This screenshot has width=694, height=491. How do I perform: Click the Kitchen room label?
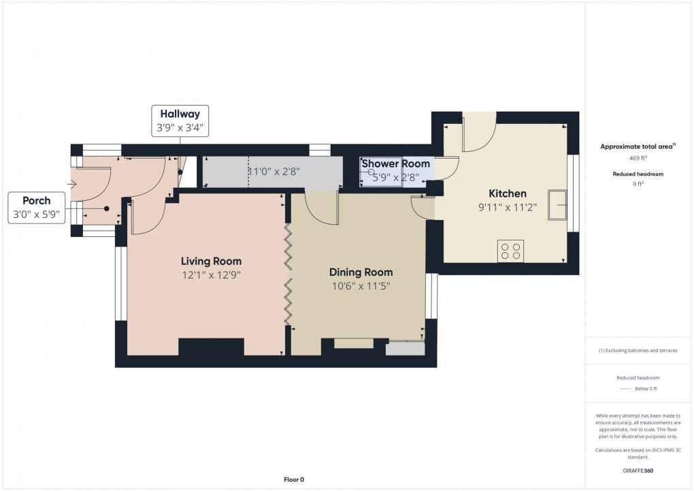pyautogui.click(x=507, y=193)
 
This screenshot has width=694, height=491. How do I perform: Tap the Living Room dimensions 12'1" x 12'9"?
pyautogui.click(x=211, y=274)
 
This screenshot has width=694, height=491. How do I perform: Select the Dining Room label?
pyautogui.click(x=361, y=272)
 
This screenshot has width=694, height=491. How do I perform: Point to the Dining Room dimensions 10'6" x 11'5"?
pyautogui.click(x=361, y=286)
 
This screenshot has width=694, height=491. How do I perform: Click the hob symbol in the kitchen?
pyautogui.click(x=510, y=251)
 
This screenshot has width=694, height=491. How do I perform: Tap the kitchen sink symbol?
pyautogui.click(x=558, y=205)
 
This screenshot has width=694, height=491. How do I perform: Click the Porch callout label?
pyautogui.click(x=36, y=208)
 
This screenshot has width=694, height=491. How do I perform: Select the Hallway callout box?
pyautogui.click(x=180, y=121)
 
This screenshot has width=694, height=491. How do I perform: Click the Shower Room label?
pyautogui.click(x=396, y=163)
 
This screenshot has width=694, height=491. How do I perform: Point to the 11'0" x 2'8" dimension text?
pyautogui.click(x=274, y=172)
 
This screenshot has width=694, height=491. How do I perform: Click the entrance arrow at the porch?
pyautogui.click(x=71, y=185)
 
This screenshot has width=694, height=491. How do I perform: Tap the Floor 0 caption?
pyautogui.click(x=294, y=479)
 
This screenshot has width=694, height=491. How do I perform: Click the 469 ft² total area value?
pyautogui.click(x=638, y=158)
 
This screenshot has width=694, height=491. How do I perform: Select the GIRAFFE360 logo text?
pyautogui.click(x=638, y=471)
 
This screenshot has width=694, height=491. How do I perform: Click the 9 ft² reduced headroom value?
pyautogui.click(x=638, y=183)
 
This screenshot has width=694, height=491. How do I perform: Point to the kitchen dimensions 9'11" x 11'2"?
pyautogui.click(x=507, y=207)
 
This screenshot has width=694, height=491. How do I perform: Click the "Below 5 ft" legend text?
pyautogui.click(x=646, y=389)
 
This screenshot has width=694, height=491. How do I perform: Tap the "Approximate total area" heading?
pyautogui.click(x=636, y=146)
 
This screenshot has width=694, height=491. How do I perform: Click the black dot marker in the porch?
pyautogui.click(x=107, y=208)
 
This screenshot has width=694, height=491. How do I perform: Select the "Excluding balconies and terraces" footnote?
pyautogui.click(x=638, y=351)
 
